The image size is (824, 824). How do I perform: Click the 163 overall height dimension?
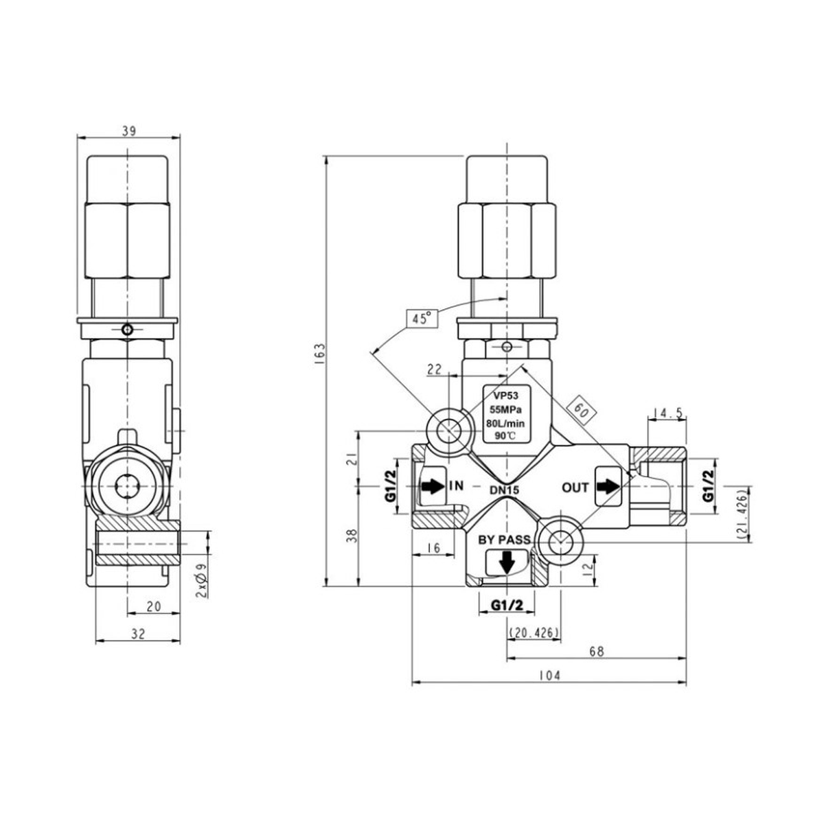coord(321,353)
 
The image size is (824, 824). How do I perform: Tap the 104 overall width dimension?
coord(549,675)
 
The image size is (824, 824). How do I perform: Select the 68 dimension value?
coord(597,651)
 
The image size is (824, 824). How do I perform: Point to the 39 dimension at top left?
coord(128,131)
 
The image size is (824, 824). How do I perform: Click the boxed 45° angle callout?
coord(421,318)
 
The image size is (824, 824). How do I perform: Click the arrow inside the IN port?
coord(433,486)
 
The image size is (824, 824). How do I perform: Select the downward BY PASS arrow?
coord(507,563)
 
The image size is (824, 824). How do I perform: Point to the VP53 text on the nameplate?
coord(506,396)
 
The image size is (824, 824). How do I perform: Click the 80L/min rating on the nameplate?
coord(506,422)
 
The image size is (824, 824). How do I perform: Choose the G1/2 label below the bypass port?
coord(507,605)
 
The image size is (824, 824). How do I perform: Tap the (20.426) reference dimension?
coord(534,632)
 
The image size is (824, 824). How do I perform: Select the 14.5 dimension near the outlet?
coord(667,413)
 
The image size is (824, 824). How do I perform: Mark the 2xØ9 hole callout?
coord(203,580)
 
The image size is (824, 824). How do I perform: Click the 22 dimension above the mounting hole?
coord(435,369)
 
